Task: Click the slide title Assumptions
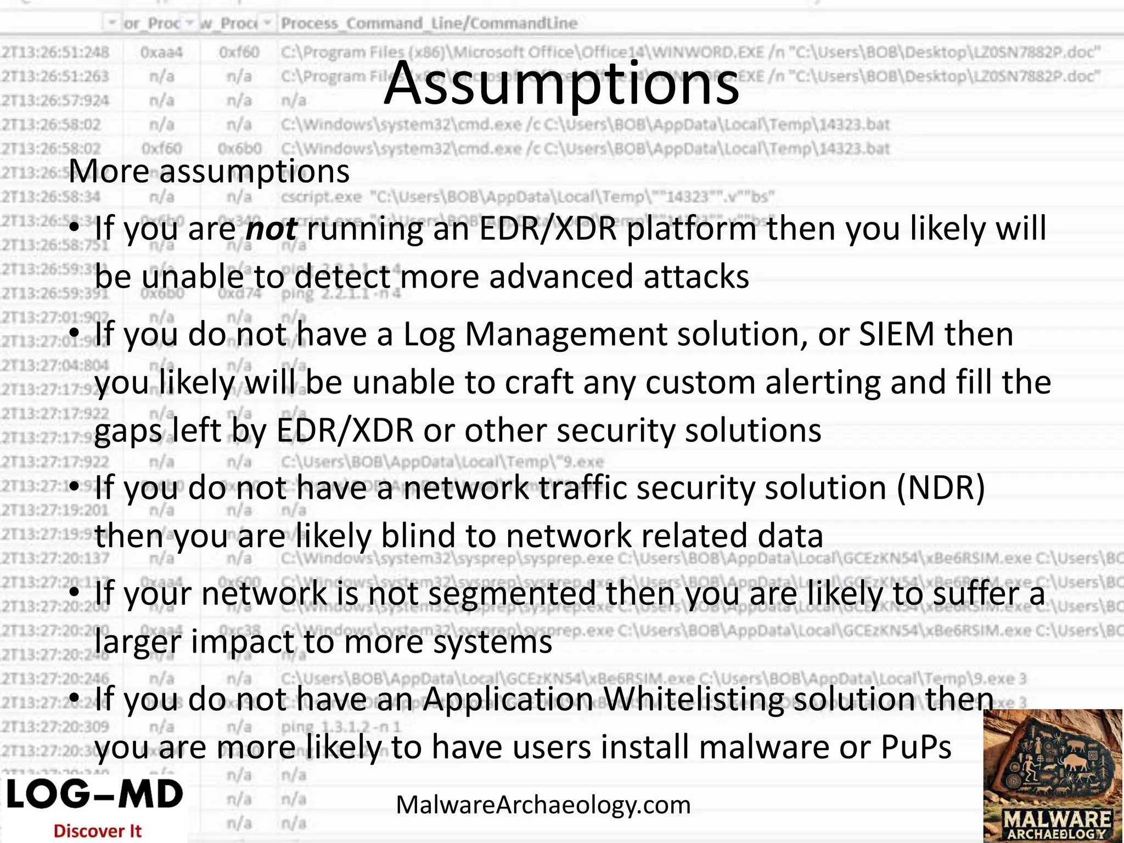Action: click(561, 83)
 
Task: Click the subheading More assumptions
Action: click(209, 171)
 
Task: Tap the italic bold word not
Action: click(272, 228)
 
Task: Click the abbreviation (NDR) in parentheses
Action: click(941, 487)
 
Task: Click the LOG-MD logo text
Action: click(94, 795)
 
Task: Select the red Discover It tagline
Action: click(97, 831)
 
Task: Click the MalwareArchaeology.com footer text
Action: click(543, 805)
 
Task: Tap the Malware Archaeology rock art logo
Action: click(1053, 775)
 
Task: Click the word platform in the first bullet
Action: click(692, 228)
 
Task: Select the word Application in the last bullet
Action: click(508, 699)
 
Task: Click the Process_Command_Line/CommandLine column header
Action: click(429, 23)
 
